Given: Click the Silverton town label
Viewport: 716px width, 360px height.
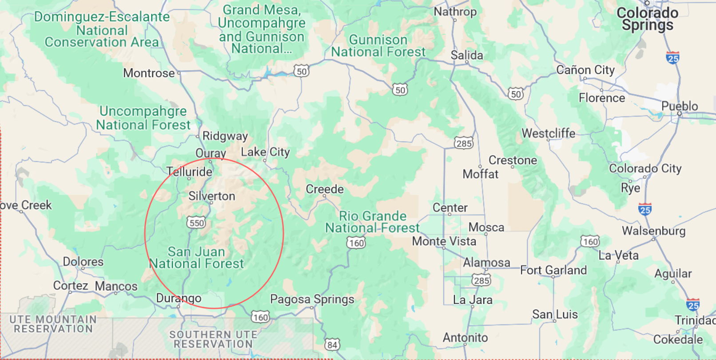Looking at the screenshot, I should click(x=212, y=196).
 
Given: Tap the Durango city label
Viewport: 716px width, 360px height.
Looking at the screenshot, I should click(x=179, y=298).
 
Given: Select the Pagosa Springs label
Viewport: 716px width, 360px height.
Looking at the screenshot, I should click(x=312, y=299).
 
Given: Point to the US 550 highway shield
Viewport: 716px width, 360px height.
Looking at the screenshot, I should click(x=196, y=223).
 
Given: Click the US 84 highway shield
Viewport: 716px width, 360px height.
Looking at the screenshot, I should click(x=332, y=344).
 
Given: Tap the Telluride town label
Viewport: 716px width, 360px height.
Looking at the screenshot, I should click(x=189, y=172).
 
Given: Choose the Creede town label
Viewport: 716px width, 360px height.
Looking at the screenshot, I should click(x=325, y=189).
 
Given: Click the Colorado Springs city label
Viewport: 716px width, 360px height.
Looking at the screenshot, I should click(x=647, y=19).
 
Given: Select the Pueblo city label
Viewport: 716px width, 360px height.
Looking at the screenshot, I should click(x=680, y=106).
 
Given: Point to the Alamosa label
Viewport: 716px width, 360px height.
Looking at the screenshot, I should click(x=486, y=263).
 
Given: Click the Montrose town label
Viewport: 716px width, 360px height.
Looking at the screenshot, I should click(x=149, y=73).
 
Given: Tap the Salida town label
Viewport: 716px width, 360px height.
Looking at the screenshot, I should click(x=467, y=55).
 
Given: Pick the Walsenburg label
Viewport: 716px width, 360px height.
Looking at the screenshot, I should click(x=653, y=231).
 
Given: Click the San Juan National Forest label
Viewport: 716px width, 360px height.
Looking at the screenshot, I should click(x=196, y=258).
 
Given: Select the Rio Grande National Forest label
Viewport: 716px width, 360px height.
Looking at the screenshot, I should click(x=372, y=222).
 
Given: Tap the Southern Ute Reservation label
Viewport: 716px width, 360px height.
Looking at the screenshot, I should click(x=213, y=339).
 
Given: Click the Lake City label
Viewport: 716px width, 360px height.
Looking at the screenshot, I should click(x=265, y=152).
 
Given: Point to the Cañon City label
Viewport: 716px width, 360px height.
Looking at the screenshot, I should click(x=585, y=70).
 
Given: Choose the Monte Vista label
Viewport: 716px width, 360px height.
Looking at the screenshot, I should click(x=444, y=241).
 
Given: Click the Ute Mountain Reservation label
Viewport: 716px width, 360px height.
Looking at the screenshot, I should click(x=53, y=324).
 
